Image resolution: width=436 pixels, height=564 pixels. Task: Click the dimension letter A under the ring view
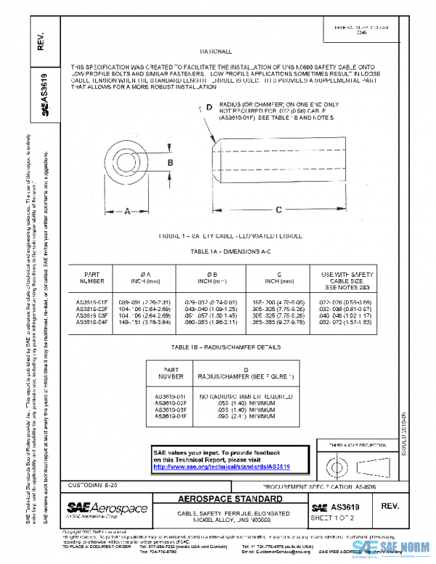pos(127,212)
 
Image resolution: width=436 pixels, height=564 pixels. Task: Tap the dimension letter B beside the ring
pos(170,162)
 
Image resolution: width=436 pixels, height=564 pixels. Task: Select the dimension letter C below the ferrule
pos(278,211)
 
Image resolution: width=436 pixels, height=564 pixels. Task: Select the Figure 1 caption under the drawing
pos(219,237)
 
